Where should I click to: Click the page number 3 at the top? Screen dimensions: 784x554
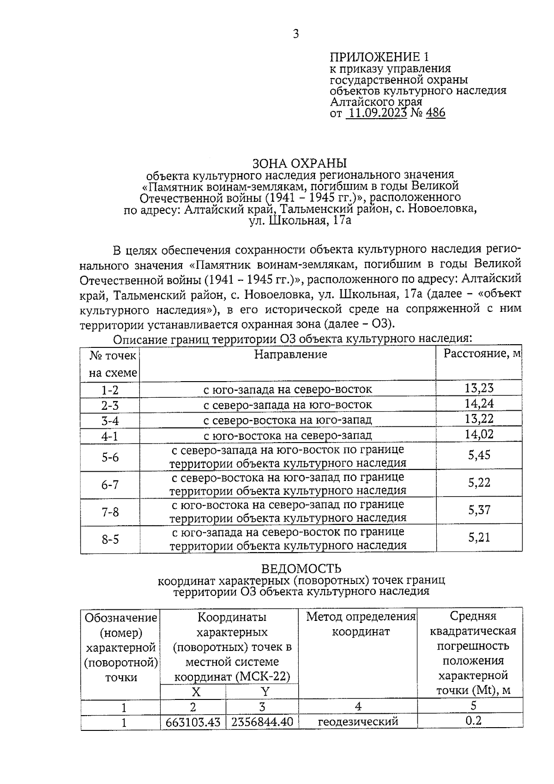pyautogui.click(x=296, y=34)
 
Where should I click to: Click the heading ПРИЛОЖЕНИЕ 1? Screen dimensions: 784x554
pyautogui.click(x=379, y=57)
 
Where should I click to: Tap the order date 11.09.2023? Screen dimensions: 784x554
pyautogui.click(x=376, y=113)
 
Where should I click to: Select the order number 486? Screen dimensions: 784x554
pyautogui.click(x=436, y=113)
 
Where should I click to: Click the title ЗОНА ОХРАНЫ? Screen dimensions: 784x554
pyautogui.click(x=299, y=164)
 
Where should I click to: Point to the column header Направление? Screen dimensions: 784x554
pyautogui.click(x=290, y=354)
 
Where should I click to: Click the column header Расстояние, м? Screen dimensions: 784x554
pyautogui.click(x=482, y=354)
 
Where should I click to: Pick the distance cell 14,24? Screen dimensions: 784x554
pyautogui.click(x=479, y=404)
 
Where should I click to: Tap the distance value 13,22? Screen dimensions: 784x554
pyautogui.click(x=479, y=419)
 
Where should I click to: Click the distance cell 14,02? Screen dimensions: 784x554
pyautogui.click(x=479, y=434)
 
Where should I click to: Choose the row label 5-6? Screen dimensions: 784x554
pyautogui.click(x=110, y=457)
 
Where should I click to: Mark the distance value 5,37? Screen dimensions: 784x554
pyautogui.click(x=479, y=511)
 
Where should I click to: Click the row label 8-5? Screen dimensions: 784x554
pyautogui.click(x=110, y=539)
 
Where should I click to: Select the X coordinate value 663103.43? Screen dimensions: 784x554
pyautogui.click(x=193, y=722)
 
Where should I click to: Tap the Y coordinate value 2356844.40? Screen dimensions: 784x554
pyautogui.click(x=262, y=722)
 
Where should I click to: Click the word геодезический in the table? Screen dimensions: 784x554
pyautogui.click(x=358, y=722)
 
